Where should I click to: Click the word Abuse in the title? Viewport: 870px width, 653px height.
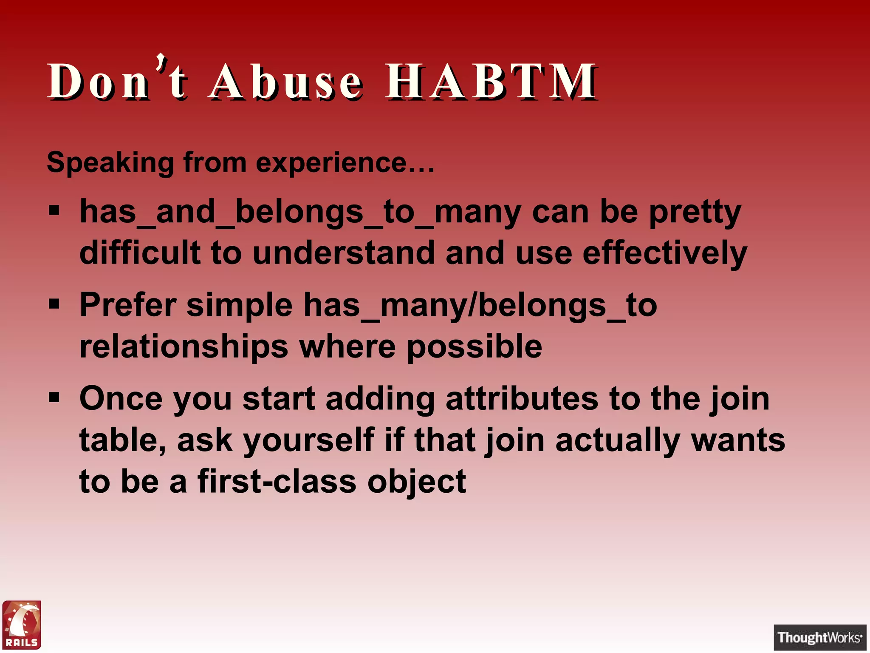point(286,81)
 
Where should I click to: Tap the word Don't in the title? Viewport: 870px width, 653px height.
point(117,80)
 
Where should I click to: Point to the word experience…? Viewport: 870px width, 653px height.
point(345,162)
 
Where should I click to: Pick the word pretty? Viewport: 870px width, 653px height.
point(695,213)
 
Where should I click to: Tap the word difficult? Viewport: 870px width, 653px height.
point(140,253)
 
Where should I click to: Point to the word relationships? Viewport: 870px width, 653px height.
point(184,346)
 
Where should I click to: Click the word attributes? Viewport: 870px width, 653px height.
point(522,399)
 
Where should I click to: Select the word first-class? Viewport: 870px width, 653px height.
point(277,482)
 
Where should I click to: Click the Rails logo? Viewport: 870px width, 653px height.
point(22,625)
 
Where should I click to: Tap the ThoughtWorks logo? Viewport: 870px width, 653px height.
point(819,637)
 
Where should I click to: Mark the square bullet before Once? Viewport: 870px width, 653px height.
point(54,398)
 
